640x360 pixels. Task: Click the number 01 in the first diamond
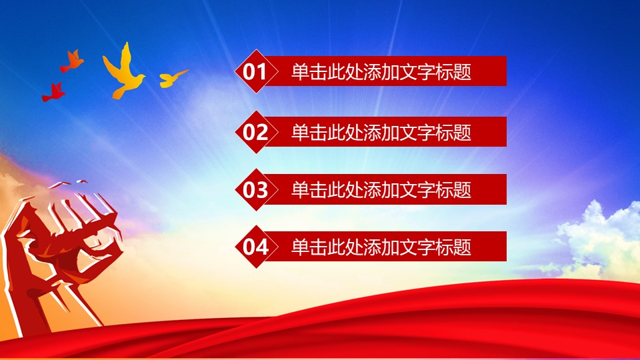pyautogui.click(x=255, y=72)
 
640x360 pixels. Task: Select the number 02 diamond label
pyautogui.click(x=255, y=132)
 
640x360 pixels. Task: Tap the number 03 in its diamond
pyautogui.click(x=255, y=190)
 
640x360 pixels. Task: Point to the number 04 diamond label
pyautogui.click(x=255, y=247)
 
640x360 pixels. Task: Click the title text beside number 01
pyautogui.click(x=381, y=72)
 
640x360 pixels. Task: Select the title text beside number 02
pyautogui.click(x=381, y=132)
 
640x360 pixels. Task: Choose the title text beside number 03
pyautogui.click(x=381, y=190)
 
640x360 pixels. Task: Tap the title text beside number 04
pyautogui.click(x=381, y=247)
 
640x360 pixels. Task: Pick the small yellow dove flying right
pyautogui.click(x=171, y=79)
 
